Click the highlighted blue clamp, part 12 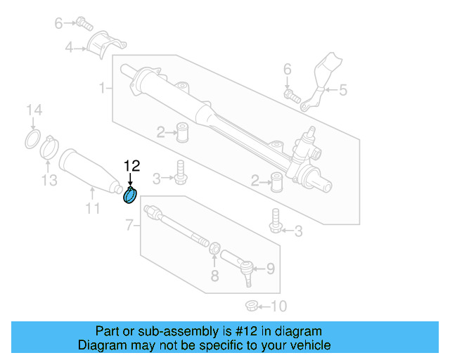click(x=131, y=196)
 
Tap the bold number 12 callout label click(x=131, y=166)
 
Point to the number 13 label click(x=48, y=181)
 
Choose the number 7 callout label click(x=129, y=225)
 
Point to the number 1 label click(x=103, y=88)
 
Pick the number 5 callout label click(x=343, y=89)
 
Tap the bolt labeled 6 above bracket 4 click(x=85, y=24)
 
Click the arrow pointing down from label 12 click(x=131, y=180)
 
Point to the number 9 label click(x=271, y=268)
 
